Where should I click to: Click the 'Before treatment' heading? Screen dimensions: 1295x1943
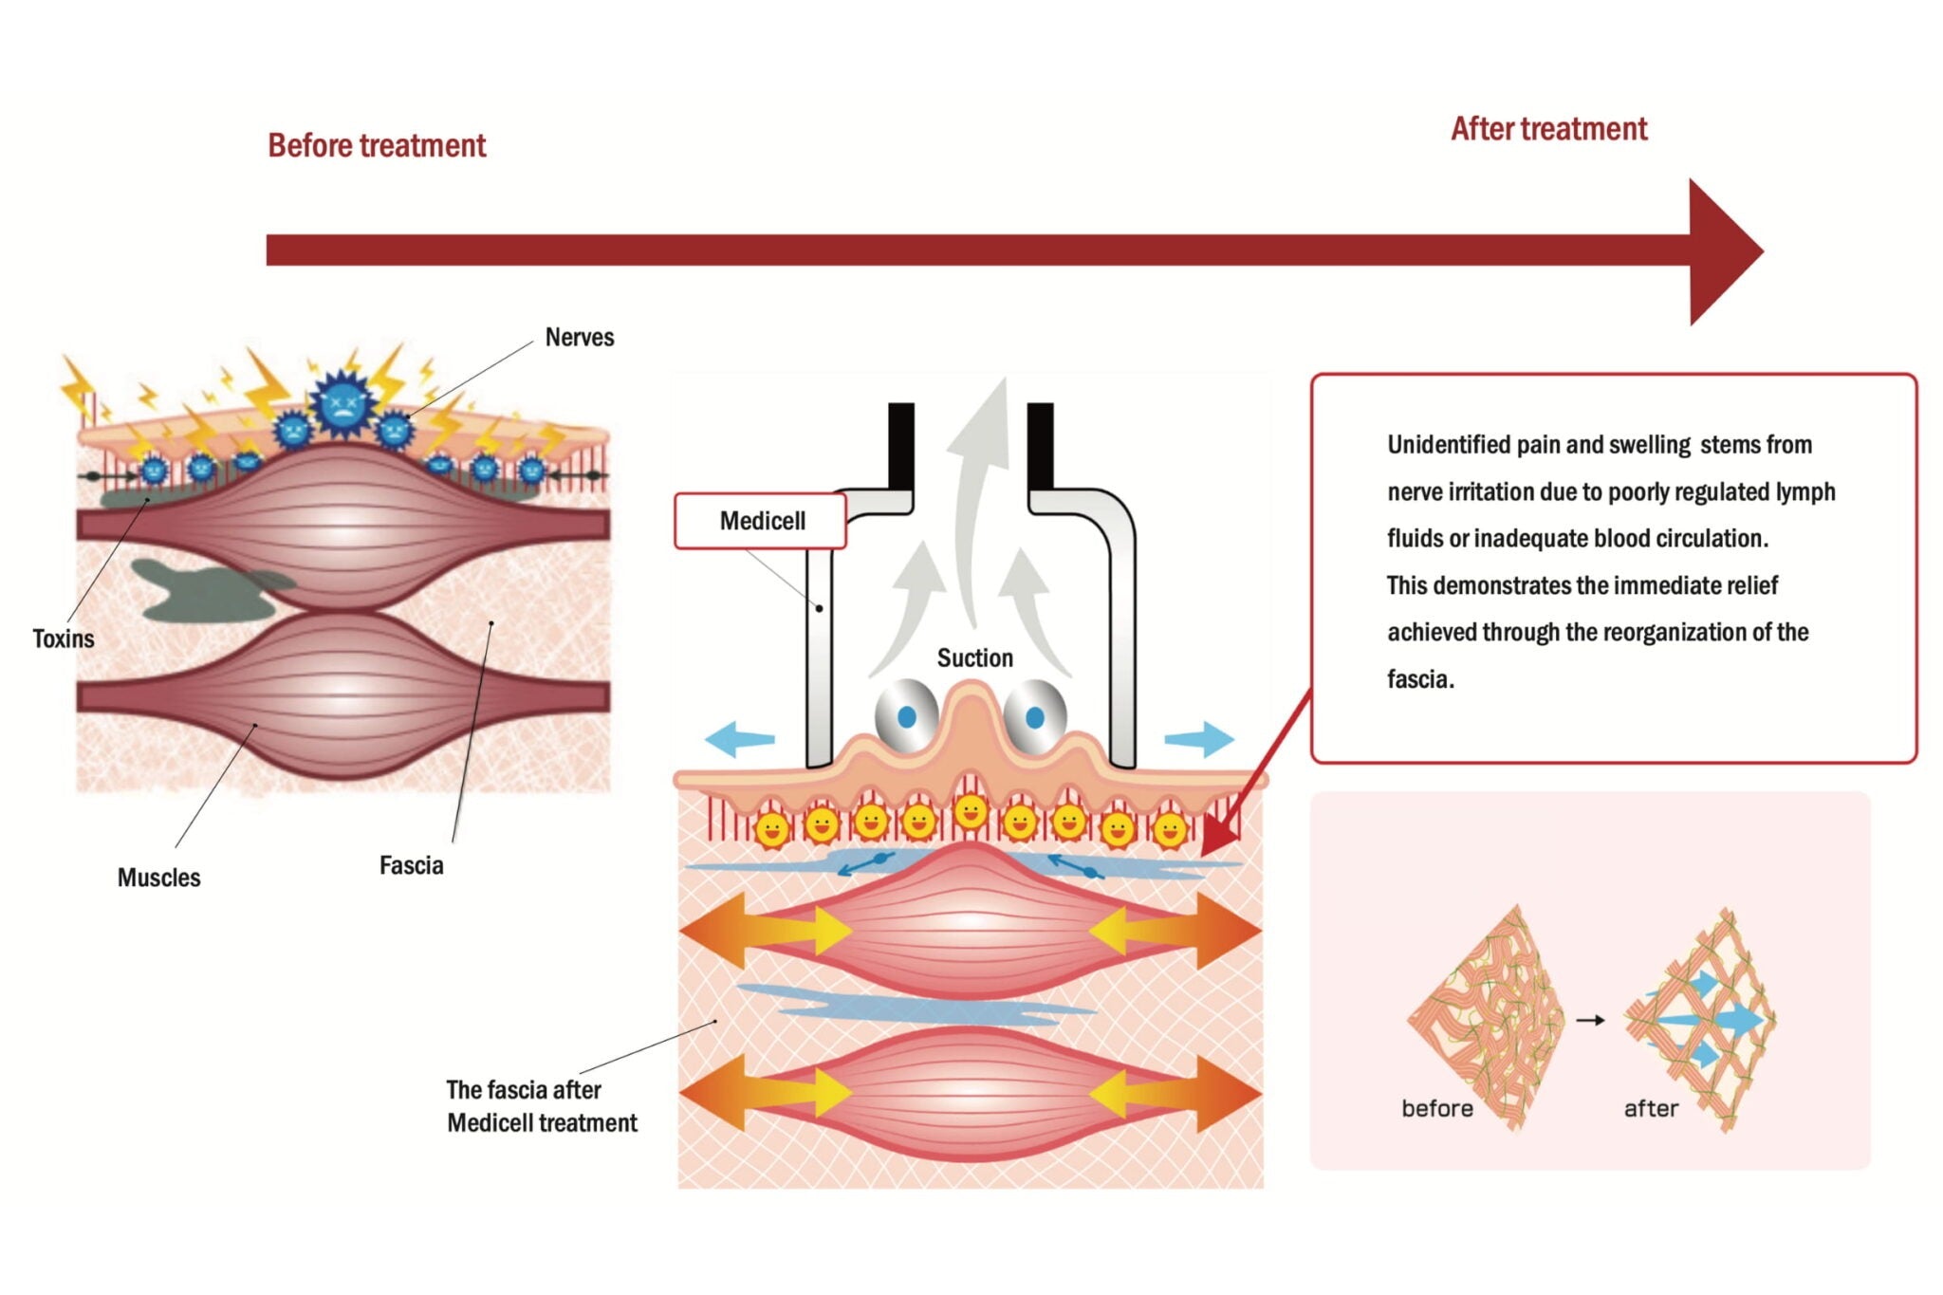click(377, 145)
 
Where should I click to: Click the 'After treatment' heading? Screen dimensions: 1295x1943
click(1548, 129)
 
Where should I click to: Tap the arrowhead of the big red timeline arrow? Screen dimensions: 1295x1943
click(1722, 251)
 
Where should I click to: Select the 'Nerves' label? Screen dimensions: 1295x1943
click(579, 338)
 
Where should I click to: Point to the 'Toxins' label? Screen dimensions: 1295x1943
click(64, 638)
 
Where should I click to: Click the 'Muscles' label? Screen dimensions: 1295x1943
click(158, 878)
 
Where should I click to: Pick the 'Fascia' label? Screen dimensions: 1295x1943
click(411, 865)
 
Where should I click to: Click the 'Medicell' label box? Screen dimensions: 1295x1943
click(761, 521)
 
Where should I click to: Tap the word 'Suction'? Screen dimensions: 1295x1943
click(974, 657)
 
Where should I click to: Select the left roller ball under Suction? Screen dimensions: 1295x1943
click(905, 716)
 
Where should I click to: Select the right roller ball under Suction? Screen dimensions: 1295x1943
click(1034, 716)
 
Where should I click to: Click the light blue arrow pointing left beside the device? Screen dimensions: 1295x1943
click(739, 738)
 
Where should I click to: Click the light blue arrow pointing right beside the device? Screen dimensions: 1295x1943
click(1200, 738)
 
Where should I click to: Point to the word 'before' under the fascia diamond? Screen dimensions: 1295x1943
click(1436, 1108)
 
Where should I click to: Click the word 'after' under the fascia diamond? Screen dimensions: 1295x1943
click(1651, 1108)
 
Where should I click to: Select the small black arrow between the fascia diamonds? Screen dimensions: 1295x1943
click(1590, 1020)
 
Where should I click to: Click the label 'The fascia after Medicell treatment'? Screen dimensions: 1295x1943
click(541, 1106)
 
